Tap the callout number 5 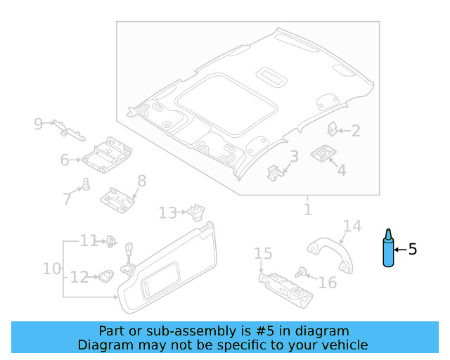pyautogui.click(x=413, y=249)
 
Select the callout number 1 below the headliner pyautogui.click(x=307, y=210)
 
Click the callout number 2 pyautogui.click(x=356, y=130)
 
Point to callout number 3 pyautogui.click(x=295, y=156)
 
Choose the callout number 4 pyautogui.click(x=341, y=170)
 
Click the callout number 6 pyautogui.click(x=65, y=160)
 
